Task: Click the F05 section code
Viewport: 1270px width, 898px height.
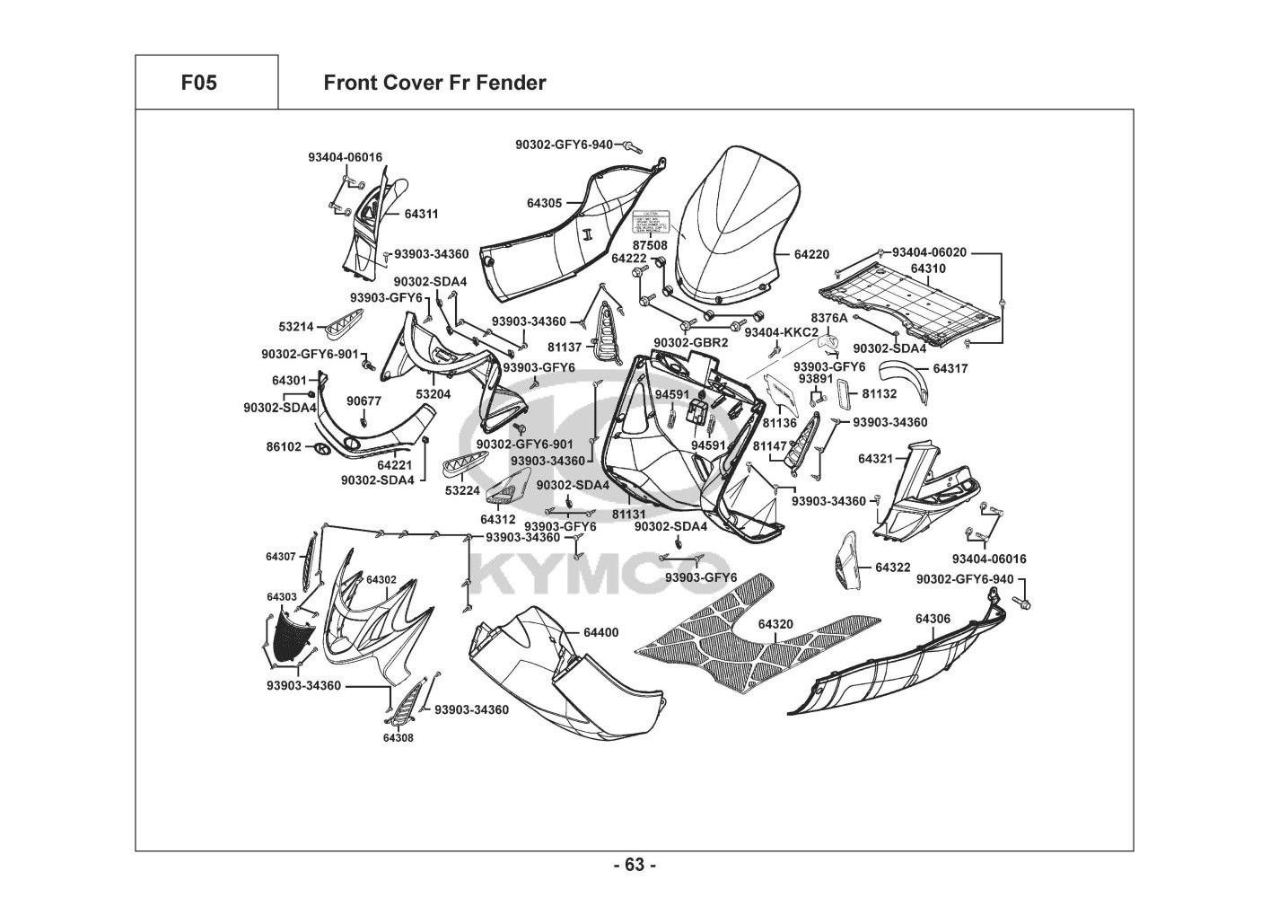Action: click(198, 83)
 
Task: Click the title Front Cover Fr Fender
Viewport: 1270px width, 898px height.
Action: click(434, 83)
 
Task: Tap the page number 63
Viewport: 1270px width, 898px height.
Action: click(635, 865)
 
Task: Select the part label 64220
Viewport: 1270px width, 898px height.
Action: click(811, 254)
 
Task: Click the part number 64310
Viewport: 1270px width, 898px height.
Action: click(927, 268)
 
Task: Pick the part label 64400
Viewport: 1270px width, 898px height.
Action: click(600, 632)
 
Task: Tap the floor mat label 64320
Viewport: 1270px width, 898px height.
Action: click(775, 623)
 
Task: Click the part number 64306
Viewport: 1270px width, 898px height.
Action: click(933, 619)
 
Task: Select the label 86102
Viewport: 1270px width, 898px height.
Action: click(284, 446)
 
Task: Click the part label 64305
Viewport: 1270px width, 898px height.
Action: click(545, 203)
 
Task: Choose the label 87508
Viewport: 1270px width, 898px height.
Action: click(650, 244)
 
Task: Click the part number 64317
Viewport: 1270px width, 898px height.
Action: click(950, 368)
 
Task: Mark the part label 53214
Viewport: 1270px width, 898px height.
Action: click(296, 327)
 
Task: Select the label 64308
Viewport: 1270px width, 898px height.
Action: click(398, 737)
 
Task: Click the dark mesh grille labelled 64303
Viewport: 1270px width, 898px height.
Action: click(294, 637)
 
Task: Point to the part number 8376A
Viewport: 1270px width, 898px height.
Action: click(828, 318)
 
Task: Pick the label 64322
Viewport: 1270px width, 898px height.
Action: click(892, 568)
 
